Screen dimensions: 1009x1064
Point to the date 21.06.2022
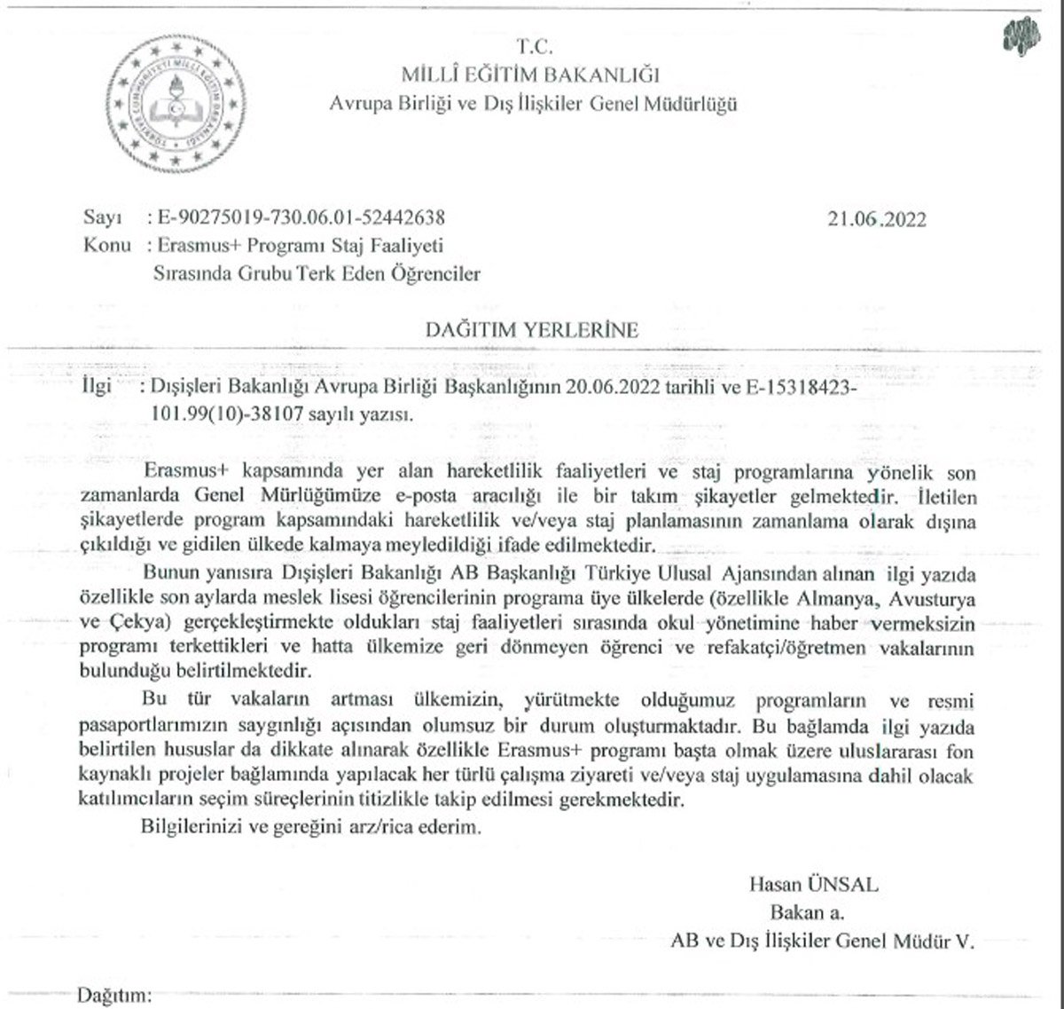coord(876,218)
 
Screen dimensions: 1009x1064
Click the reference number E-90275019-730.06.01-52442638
coord(299,217)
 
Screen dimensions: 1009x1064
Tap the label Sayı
coord(100,217)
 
